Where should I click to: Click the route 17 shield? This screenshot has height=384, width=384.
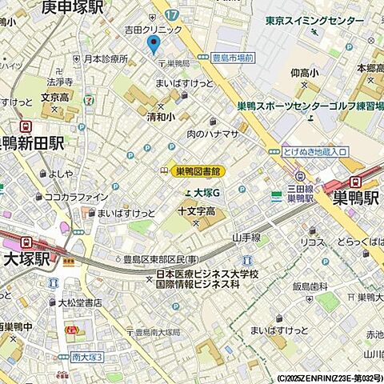pos(170,14)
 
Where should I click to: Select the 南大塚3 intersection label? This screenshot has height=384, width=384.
pos(86,357)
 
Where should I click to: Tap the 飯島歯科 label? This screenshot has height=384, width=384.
pos(310,286)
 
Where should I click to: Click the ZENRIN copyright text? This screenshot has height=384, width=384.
pos(330,378)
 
